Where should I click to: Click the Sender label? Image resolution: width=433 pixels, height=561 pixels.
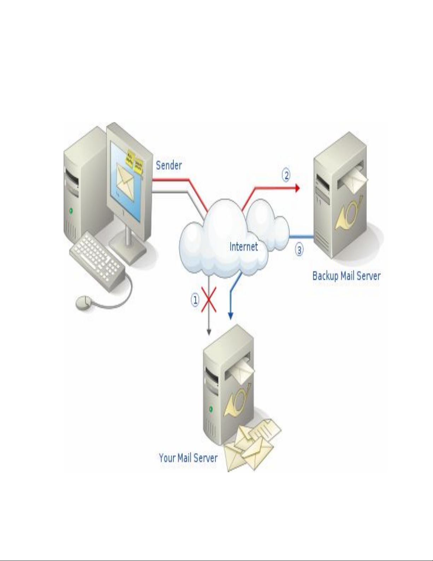click(169, 165)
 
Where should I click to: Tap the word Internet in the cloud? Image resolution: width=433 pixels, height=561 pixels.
click(244, 246)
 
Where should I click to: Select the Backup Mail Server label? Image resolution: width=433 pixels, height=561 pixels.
click(346, 276)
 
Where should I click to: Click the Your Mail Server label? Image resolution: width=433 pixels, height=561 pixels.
click(188, 458)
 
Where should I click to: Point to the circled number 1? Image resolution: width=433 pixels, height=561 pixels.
click(195, 300)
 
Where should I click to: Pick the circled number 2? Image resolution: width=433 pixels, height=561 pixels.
click(286, 175)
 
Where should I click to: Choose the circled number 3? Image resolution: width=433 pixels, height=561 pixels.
click(299, 250)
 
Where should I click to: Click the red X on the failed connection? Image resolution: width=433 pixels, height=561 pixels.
click(209, 300)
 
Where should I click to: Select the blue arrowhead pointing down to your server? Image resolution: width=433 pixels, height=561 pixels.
click(230, 316)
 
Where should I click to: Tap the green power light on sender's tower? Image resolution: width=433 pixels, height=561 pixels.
click(71, 211)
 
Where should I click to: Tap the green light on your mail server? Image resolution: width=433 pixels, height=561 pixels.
click(211, 409)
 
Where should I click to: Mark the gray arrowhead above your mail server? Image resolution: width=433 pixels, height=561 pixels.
click(209, 332)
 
